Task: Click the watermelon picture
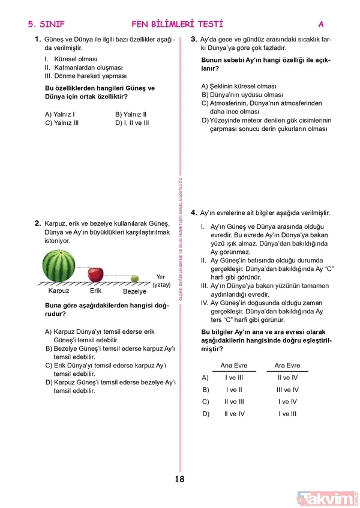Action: pyautogui.click(x=59, y=266)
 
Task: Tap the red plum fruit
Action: pyautogui.click(x=95, y=274)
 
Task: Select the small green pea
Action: pyautogui.click(x=134, y=279)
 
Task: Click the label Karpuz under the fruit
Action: pyautogui.click(x=59, y=291)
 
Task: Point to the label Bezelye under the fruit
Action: pyautogui.click(x=134, y=291)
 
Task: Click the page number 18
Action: pyautogui.click(x=179, y=479)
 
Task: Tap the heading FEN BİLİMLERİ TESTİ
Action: pyautogui.click(x=177, y=25)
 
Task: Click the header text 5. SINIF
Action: pyautogui.click(x=46, y=25)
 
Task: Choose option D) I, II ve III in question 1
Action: pyautogui.click(x=132, y=122)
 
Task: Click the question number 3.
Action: pyautogui.click(x=194, y=39)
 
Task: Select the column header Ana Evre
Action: pyautogui.click(x=233, y=365)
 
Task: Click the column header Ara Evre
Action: pyautogui.click(x=287, y=365)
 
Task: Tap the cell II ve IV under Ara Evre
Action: pyautogui.click(x=287, y=378)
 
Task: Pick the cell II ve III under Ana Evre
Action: pyautogui.click(x=233, y=402)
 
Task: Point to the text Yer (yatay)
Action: pyautogui.click(x=161, y=280)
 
